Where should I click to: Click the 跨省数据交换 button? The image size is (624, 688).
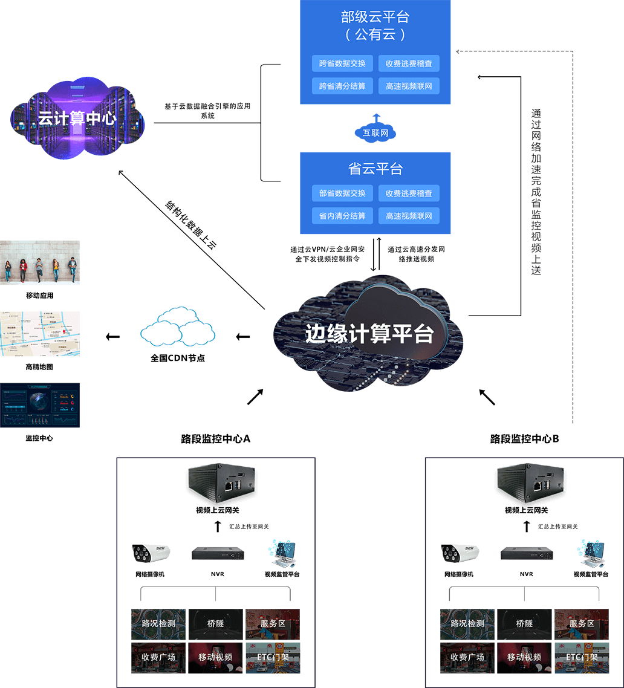[342, 63]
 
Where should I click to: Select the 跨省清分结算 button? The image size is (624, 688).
[342, 86]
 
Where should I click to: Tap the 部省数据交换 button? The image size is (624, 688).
[342, 193]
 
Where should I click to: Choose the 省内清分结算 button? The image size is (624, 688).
[342, 216]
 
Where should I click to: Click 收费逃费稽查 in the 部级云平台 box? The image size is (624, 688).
[409, 63]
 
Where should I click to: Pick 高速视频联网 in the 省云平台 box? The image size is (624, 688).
[409, 216]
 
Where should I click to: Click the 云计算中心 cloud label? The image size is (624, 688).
[77, 118]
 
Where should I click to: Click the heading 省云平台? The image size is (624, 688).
[375, 169]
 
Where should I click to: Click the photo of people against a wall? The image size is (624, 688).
[40, 262]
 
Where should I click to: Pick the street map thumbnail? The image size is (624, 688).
[40, 334]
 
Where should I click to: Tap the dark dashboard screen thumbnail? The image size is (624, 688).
[40, 405]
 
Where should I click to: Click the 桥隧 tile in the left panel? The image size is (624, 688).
[216, 623]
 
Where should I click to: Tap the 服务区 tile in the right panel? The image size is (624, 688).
[582, 623]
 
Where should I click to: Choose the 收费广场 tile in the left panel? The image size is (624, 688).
[158, 657]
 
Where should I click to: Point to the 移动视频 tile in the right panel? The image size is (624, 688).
[524, 657]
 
